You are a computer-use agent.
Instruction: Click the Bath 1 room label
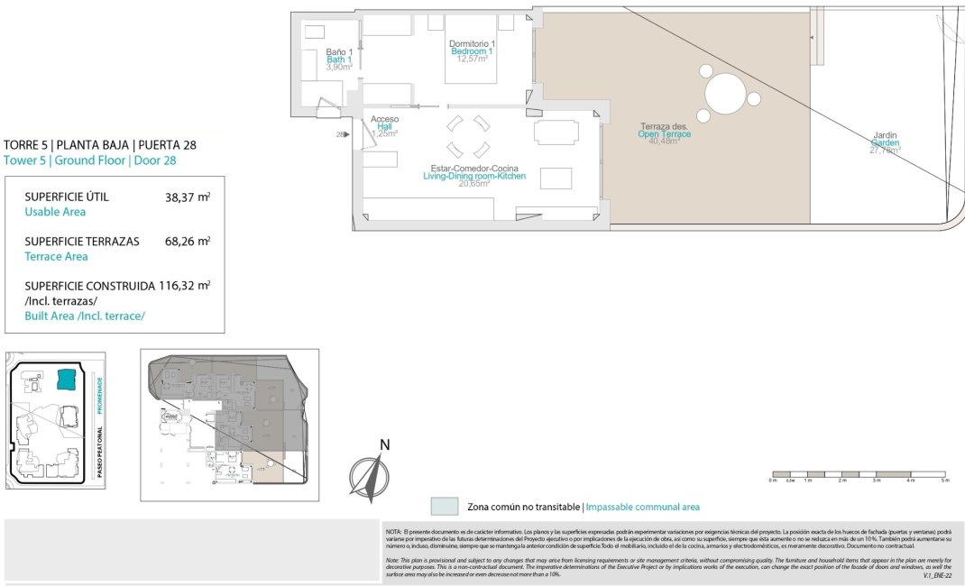tap(339, 60)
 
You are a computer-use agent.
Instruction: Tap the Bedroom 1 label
tap(472, 51)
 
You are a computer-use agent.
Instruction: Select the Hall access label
tap(384, 126)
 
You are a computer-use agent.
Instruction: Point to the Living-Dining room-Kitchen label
tap(473, 176)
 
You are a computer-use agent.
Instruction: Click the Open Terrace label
tap(665, 133)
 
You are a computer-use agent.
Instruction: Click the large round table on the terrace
tap(724, 93)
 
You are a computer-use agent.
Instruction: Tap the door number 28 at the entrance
tap(341, 134)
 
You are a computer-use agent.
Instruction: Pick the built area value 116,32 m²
tap(184, 285)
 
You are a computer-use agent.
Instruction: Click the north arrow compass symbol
tap(369, 479)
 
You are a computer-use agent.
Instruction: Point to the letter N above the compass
tap(384, 444)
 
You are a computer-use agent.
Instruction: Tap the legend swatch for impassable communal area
tap(445, 507)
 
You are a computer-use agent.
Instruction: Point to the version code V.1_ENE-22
tap(941, 574)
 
